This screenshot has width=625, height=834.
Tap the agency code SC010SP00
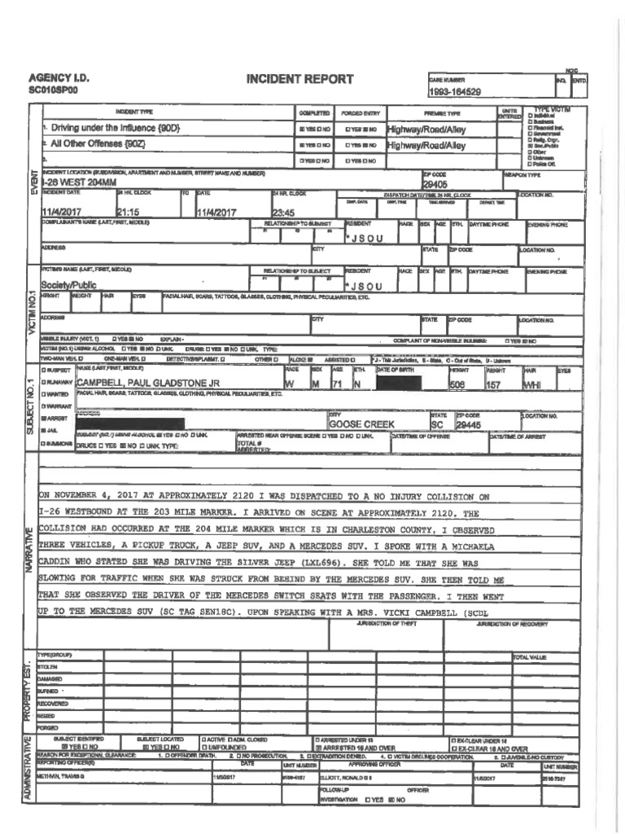[54, 90]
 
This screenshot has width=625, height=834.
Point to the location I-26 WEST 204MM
[85, 184]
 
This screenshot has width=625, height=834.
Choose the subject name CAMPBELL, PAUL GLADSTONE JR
[148, 383]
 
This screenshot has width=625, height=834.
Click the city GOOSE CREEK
[361, 424]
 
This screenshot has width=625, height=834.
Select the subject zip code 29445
[469, 424]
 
